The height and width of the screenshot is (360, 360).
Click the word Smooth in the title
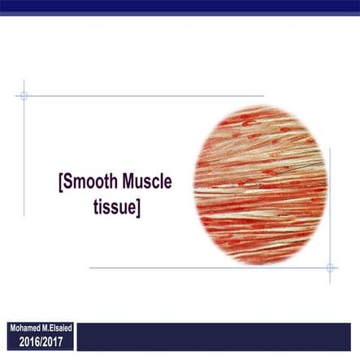point(91,182)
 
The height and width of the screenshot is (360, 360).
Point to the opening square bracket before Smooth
point(61,183)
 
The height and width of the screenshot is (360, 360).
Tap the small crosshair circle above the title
point(24,96)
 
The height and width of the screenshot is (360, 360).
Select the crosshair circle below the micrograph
point(330,267)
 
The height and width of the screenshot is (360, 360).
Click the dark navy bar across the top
point(180,7)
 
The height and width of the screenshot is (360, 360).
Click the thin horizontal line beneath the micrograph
point(203,267)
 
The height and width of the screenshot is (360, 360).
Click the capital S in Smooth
point(69,182)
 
